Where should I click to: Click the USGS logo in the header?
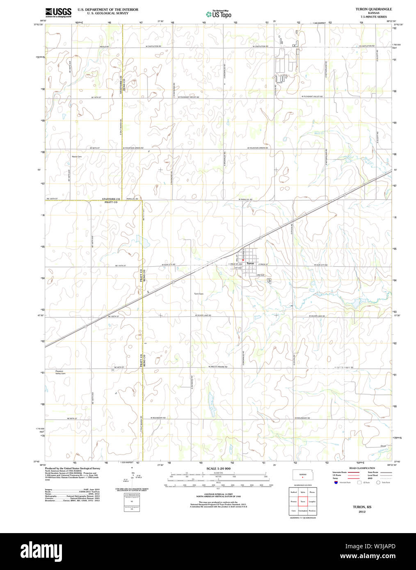tap(58, 12)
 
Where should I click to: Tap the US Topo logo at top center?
tap(219, 14)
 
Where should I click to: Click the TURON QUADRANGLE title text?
tap(373, 9)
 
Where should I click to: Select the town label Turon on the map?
tap(250, 263)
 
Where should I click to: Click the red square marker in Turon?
tap(243, 260)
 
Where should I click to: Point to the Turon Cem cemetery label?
tap(199, 294)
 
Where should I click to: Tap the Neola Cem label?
tap(77, 157)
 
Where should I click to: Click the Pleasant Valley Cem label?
tap(60, 372)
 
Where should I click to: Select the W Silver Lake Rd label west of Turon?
tap(203, 315)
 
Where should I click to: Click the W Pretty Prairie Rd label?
tap(217, 367)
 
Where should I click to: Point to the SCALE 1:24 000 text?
tap(218, 468)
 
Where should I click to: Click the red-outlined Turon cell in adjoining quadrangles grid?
tap(303, 502)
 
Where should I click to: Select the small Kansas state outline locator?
tap(302, 475)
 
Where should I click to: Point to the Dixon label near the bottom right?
tap(383, 446)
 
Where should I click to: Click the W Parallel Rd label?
tap(245, 199)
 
